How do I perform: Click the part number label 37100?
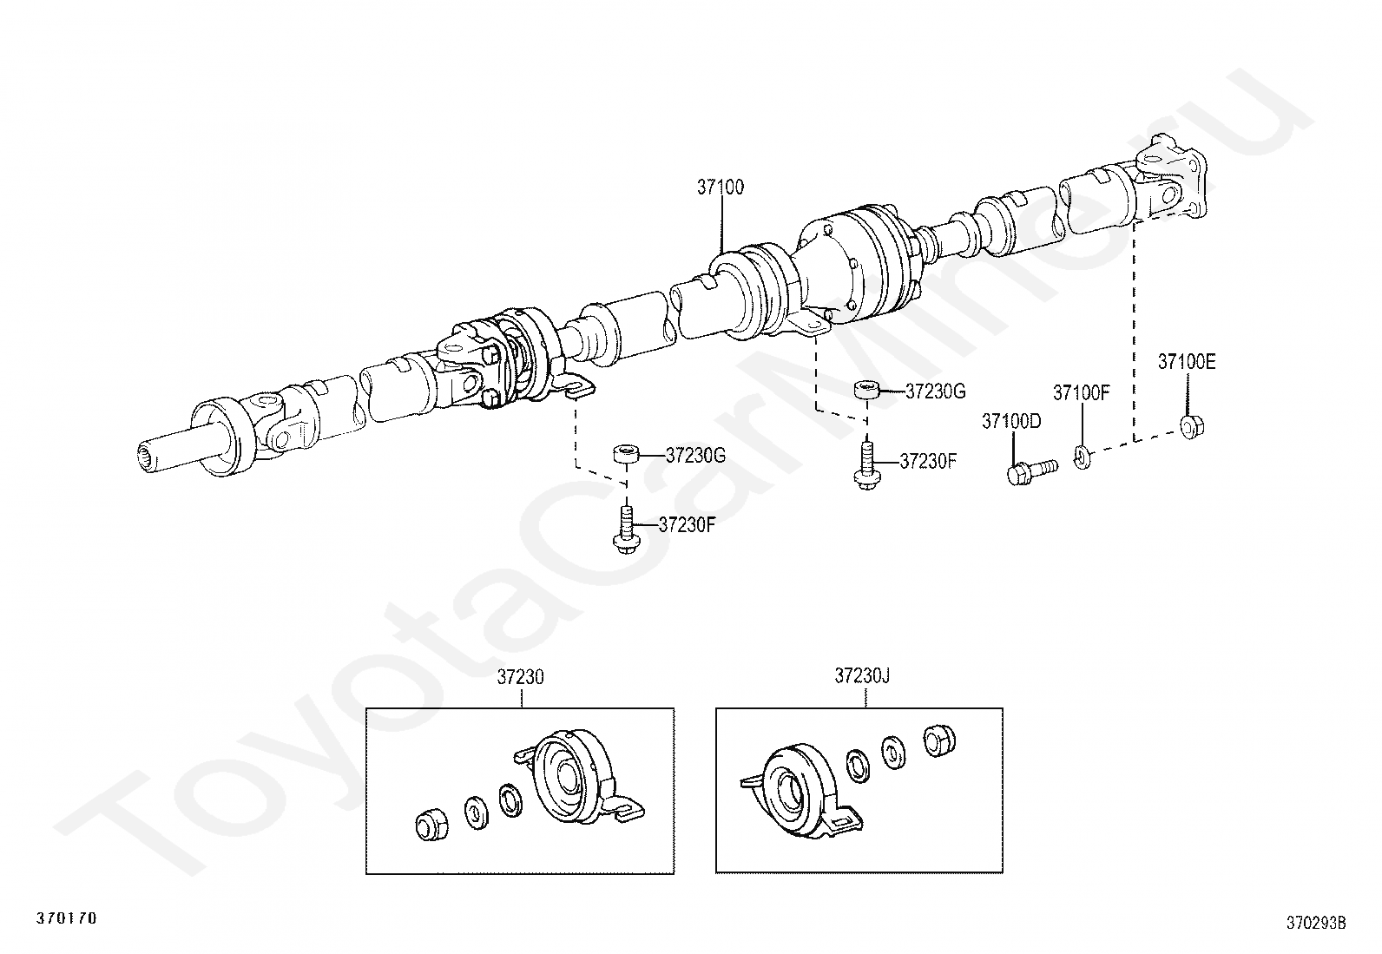[720, 188]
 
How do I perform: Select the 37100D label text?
[1010, 422]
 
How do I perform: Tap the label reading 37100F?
[1082, 392]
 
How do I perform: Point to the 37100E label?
[1186, 363]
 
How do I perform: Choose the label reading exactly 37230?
[520, 677]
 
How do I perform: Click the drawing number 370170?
[66, 918]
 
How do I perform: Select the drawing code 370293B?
[1316, 923]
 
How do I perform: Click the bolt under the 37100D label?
[1030, 471]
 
